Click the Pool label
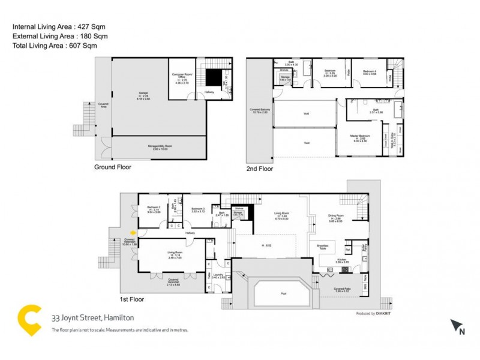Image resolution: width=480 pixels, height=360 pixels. point(283,293)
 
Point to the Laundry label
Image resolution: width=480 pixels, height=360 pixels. point(218,275)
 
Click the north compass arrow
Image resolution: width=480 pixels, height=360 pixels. point(458,326)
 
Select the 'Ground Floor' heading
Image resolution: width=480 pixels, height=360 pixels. point(113,167)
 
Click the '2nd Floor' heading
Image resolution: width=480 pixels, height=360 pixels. point(259,169)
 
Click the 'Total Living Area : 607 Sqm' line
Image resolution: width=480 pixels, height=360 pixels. point(55,46)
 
